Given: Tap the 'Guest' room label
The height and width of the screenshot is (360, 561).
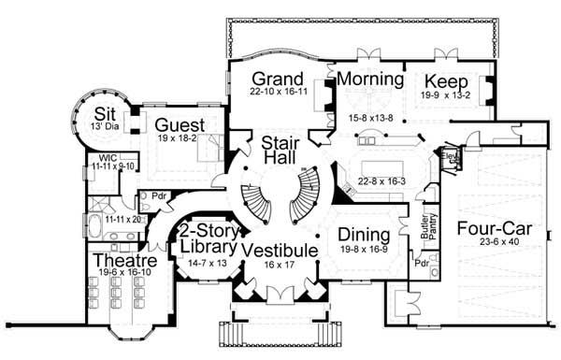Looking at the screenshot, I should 175,125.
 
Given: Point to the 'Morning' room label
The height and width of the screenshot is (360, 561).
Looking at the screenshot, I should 369,79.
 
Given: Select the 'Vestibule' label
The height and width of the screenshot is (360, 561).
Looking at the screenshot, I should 280,250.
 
